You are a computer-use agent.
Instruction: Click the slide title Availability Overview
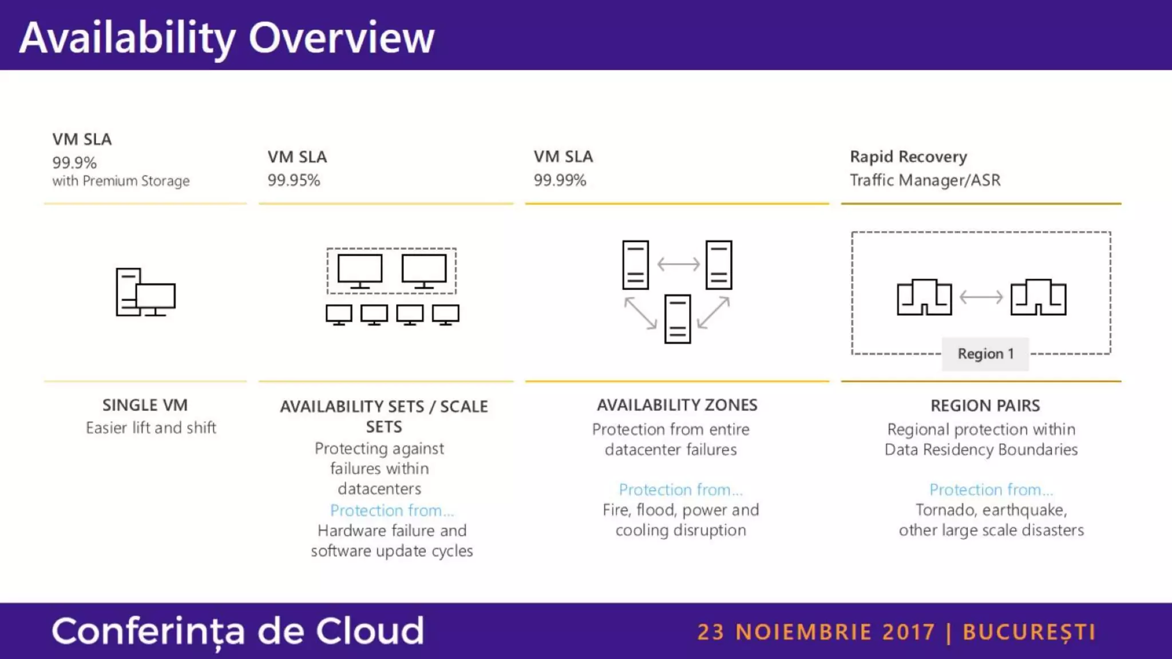coord(227,38)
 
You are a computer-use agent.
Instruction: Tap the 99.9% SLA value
coord(74,163)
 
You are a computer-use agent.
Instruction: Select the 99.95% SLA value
coord(294,180)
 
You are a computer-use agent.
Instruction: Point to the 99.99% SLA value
coord(560,180)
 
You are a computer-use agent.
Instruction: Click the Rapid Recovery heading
coord(908,157)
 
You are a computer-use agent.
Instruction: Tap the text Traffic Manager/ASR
coord(925,180)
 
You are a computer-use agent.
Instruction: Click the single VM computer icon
coord(145,292)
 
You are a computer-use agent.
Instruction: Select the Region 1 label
coord(985,354)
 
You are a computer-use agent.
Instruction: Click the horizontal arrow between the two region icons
coord(981,297)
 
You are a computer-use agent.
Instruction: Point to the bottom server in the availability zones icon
coord(678,319)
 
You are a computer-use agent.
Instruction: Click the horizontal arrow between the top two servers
coord(678,264)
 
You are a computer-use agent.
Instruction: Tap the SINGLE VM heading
coord(145,405)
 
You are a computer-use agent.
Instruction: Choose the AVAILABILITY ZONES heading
coord(677,405)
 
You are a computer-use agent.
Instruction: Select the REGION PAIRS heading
coord(985,406)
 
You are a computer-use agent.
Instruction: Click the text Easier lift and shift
coord(151,428)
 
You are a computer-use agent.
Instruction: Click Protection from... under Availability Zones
coord(680,490)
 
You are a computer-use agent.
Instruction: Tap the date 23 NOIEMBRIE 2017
coord(816,632)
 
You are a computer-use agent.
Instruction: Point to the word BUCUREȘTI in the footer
coord(1029,632)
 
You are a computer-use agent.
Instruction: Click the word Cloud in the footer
coord(370,631)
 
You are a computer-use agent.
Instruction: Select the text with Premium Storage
coord(121,181)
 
